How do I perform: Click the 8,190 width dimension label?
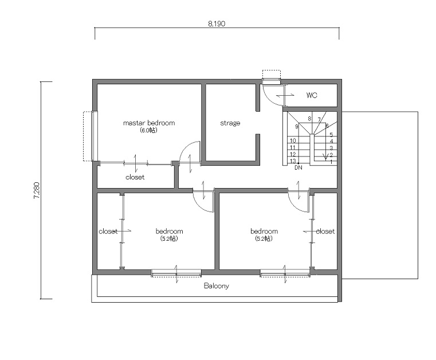pos(217,24)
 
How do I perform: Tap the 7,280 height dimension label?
pos(37,190)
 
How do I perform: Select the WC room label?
pos(312,95)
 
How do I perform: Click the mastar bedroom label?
pos(149,123)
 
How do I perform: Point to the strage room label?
pos(230,123)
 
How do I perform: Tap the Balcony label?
pos(217,285)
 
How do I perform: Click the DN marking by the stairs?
pos(298,168)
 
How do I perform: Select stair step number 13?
pos(293,161)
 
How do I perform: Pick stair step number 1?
pos(331,162)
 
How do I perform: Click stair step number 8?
pos(309,119)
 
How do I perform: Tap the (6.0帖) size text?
pos(148,130)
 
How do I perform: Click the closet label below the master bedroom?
pos(135,177)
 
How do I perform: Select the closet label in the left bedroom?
pos(108,231)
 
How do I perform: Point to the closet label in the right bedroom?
pos(325,231)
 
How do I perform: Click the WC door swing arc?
pos(268,99)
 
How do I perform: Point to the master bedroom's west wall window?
pos(95,136)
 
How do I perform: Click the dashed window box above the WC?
pos(272,76)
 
